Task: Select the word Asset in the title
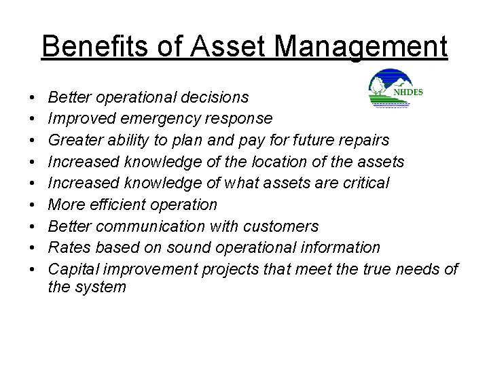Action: pos(219,48)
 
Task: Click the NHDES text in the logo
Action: pos(407,91)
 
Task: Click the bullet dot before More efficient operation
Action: pos(33,204)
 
